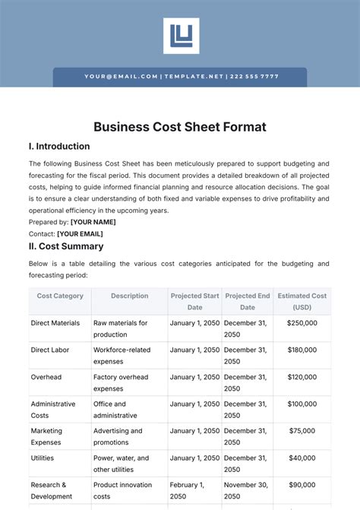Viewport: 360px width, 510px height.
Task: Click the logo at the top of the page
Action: (x=181, y=36)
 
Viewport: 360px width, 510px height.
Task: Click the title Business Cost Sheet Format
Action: (x=180, y=127)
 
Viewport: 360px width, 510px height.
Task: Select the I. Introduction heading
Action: (x=59, y=146)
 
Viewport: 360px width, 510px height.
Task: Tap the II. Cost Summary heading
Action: (x=66, y=246)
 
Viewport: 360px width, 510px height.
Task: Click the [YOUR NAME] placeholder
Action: (x=93, y=222)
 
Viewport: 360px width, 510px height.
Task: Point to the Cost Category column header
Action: (x=60, y=296)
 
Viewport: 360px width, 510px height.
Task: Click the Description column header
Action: (x=129, y=296)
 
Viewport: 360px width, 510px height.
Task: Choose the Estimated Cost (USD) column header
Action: (x=302, y=301)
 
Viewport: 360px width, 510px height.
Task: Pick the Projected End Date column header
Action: (x=248, y=301)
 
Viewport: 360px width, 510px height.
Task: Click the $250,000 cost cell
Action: (x=302, y=323)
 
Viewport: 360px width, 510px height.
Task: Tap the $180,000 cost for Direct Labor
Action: (x=302, y=350)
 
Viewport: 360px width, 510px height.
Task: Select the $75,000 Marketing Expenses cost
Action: (x=302, y=431)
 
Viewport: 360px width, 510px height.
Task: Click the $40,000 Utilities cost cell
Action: (x=302, y=458)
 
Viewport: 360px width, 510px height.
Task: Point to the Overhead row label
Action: (x=46, y=377)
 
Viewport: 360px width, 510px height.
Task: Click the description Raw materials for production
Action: (x=120, y=328)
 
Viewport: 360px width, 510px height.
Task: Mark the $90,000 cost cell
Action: (x=302, y=485)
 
